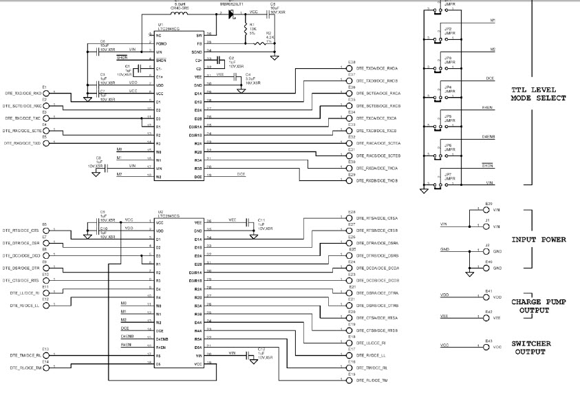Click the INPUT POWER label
539,240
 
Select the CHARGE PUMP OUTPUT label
539,306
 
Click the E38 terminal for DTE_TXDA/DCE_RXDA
348,68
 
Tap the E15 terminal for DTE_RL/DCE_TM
348,381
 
